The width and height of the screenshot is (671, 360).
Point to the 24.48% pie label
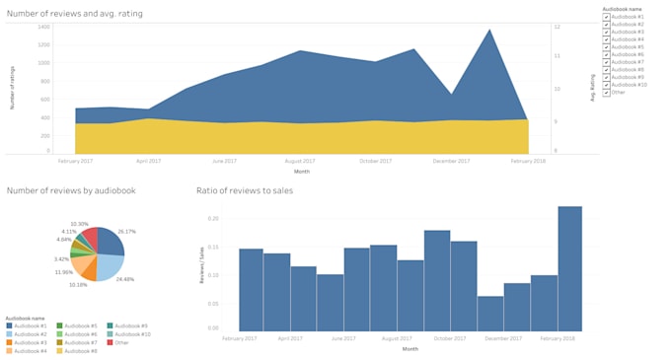[125, 278]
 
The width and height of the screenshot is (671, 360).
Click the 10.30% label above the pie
[79, 224]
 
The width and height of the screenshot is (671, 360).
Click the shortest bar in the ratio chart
[489, 314]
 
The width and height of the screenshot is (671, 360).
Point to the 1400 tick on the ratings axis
[43, 27]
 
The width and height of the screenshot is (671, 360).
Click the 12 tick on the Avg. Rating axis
[557, 27]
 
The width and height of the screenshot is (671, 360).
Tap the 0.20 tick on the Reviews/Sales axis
[213, 218]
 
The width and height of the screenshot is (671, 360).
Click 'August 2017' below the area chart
[300, 160]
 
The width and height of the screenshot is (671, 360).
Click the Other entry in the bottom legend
[121, 341]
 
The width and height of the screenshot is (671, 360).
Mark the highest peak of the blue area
[488, 30]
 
